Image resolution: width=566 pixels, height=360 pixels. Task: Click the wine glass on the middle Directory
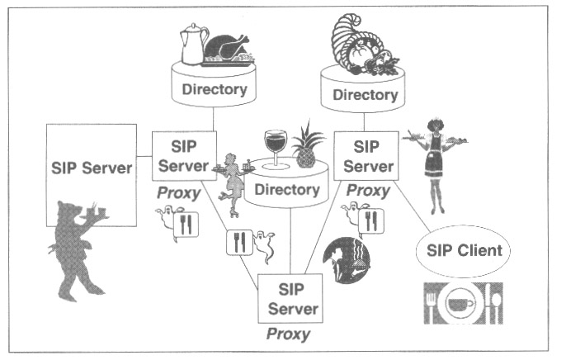tap(275, 147)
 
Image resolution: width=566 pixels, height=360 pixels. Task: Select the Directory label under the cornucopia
tap(364, 95)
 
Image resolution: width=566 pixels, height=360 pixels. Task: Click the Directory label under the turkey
tap(214, 90)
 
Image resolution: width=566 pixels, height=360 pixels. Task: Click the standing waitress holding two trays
tap(435, 162)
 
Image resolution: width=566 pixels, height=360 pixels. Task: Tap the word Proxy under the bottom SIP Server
tap(288, 334)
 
